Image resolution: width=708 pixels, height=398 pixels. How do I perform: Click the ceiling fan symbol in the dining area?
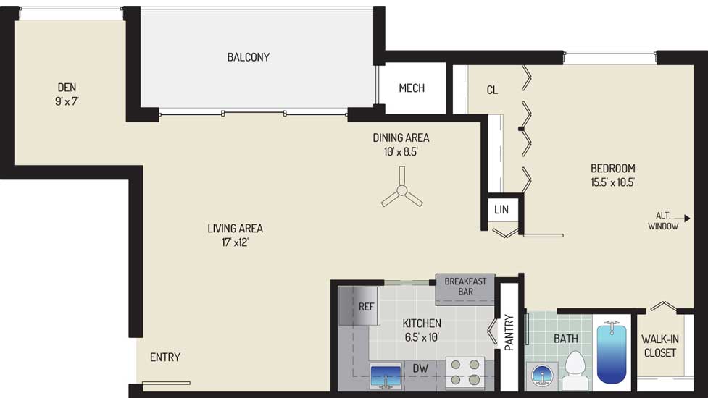tap(401, 190)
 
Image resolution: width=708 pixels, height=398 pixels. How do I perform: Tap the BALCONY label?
tap(249, 57)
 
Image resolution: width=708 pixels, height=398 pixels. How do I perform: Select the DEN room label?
tap(67, 87)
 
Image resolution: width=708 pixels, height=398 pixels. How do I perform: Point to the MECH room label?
tap(412, 88)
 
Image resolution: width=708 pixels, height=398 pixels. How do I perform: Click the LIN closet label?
tap(501, 209)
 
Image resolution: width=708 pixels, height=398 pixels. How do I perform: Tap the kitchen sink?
tap(385, 376)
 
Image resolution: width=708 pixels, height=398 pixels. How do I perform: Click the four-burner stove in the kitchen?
tap(465, 372)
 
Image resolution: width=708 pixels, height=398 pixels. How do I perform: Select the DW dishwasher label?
tap(420, 368)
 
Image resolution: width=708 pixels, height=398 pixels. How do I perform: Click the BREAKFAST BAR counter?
tap(465, 289)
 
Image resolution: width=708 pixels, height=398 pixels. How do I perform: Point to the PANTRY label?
tap(509, 333)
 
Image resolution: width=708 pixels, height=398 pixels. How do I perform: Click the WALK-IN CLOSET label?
tap(660, 346)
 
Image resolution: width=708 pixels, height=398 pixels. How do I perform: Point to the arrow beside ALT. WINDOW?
tap(682, 219)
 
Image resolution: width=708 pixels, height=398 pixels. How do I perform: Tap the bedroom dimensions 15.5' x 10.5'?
tap(613, 182)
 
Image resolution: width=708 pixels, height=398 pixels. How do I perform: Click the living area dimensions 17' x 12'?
tap(236, 242)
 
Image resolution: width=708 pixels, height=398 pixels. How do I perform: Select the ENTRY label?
tap(165, 357)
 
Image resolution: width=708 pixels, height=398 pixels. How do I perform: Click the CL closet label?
tap(492, 90)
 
